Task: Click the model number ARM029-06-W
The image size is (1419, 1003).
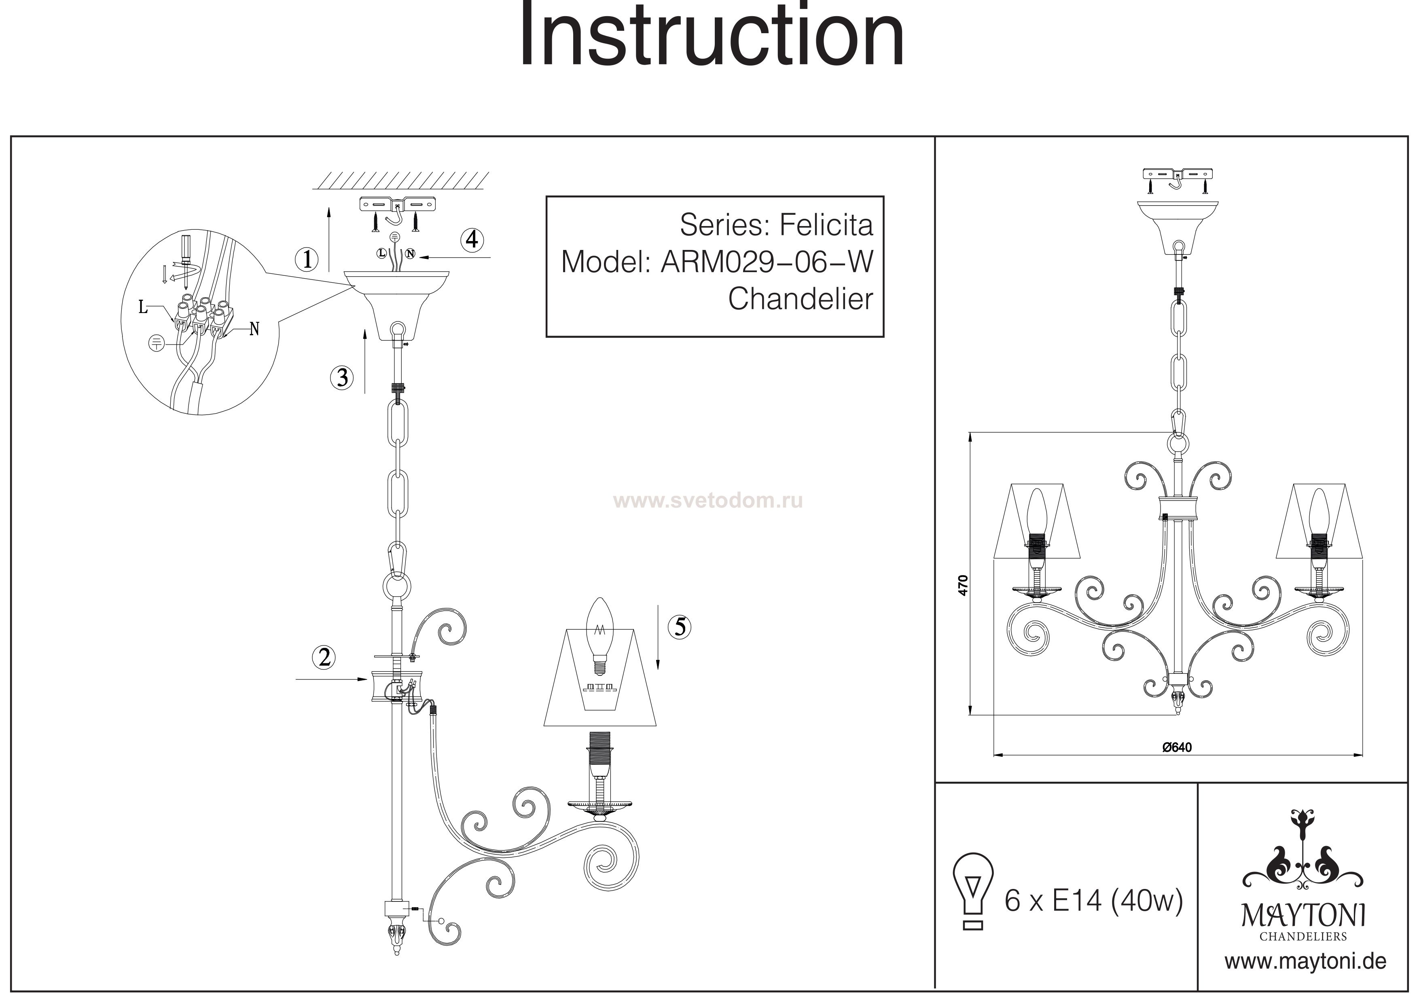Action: tap(767, 262)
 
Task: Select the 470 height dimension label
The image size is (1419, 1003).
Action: tap(962, 585)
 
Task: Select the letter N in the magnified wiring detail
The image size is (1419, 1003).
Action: tap(254, 329)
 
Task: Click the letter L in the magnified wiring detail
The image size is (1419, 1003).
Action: tap(143, 307)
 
